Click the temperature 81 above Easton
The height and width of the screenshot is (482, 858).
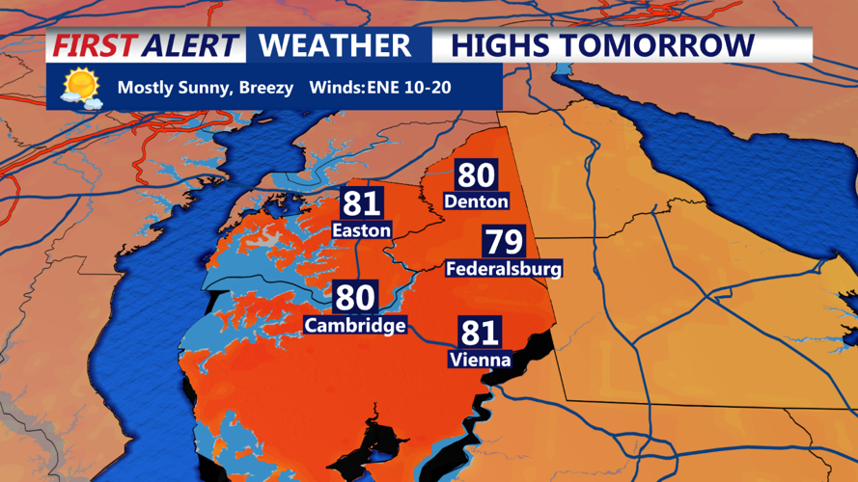(x=361, y=203)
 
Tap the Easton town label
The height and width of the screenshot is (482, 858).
(x=361, y=230)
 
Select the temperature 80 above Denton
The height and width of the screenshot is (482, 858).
(x=476, y=175)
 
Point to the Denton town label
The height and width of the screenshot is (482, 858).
(x=476, y=201)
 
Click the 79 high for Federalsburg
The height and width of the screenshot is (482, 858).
(x=503, y=242)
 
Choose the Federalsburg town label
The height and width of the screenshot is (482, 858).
(x=503, y=269)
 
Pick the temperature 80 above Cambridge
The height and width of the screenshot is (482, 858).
(x=355, y=298)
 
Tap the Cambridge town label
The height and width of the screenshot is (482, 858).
(x=355, y=325)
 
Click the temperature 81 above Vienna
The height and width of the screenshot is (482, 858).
(x=479, y=333)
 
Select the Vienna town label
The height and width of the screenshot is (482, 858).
(x=479, y=360)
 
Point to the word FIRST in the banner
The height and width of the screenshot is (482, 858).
(x=94, y=45)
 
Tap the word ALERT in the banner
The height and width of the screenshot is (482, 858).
(x=190, y=45)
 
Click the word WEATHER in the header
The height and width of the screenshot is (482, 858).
(x=335, y=45)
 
